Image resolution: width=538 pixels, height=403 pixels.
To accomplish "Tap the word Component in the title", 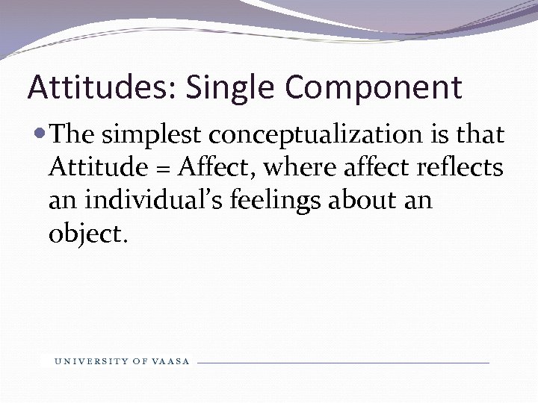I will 374,87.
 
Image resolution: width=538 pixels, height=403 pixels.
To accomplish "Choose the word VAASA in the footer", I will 170,362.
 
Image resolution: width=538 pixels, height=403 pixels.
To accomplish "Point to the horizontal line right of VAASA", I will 344,363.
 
